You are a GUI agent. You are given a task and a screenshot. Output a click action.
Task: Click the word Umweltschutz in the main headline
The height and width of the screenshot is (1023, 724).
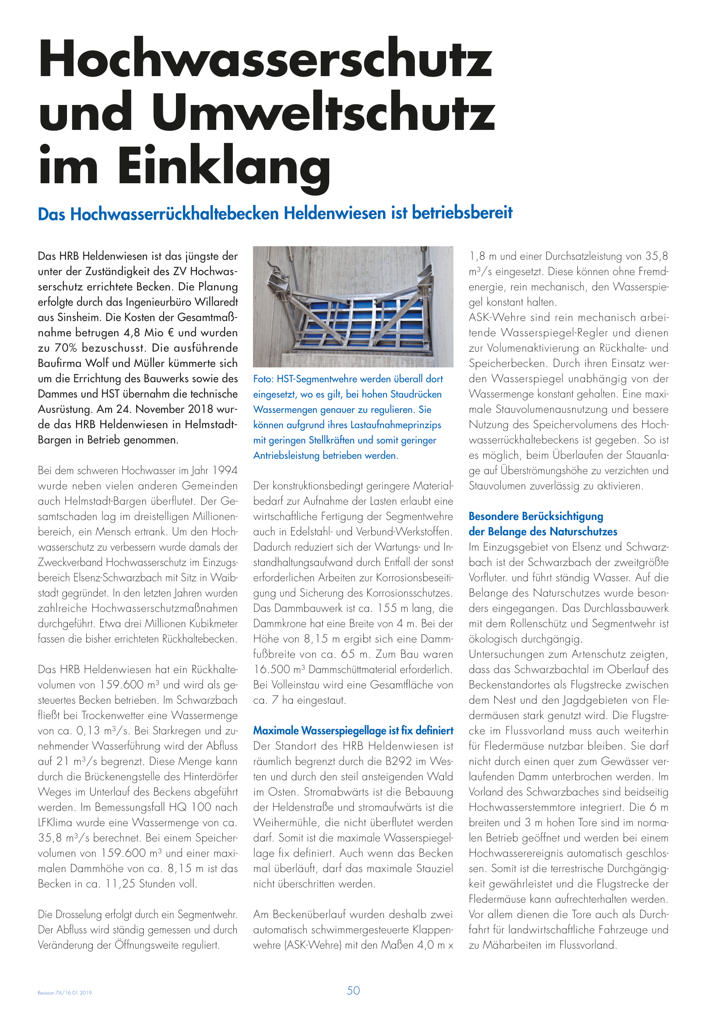[325, 112]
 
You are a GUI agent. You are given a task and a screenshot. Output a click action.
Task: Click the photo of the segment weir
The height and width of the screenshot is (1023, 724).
[353, 307]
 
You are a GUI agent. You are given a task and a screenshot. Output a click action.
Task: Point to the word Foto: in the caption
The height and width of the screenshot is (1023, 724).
[263, 379]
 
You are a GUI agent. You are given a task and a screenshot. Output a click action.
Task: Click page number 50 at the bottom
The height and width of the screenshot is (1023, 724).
[353, 991]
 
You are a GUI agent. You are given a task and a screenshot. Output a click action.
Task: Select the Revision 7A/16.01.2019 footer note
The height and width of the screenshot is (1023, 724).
[65, 993]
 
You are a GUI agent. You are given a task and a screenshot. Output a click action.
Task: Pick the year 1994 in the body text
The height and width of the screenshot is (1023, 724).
[225, 471]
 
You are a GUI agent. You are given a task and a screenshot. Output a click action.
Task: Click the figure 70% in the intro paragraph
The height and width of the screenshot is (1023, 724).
[67, 348]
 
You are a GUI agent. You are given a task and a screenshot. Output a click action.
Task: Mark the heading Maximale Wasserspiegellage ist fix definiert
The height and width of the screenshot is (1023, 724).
[353, 731]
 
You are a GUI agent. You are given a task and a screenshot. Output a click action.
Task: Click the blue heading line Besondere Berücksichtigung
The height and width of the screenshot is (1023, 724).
[535, 517]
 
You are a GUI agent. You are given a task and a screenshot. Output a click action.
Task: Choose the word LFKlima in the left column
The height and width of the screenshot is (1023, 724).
[55, 823]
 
